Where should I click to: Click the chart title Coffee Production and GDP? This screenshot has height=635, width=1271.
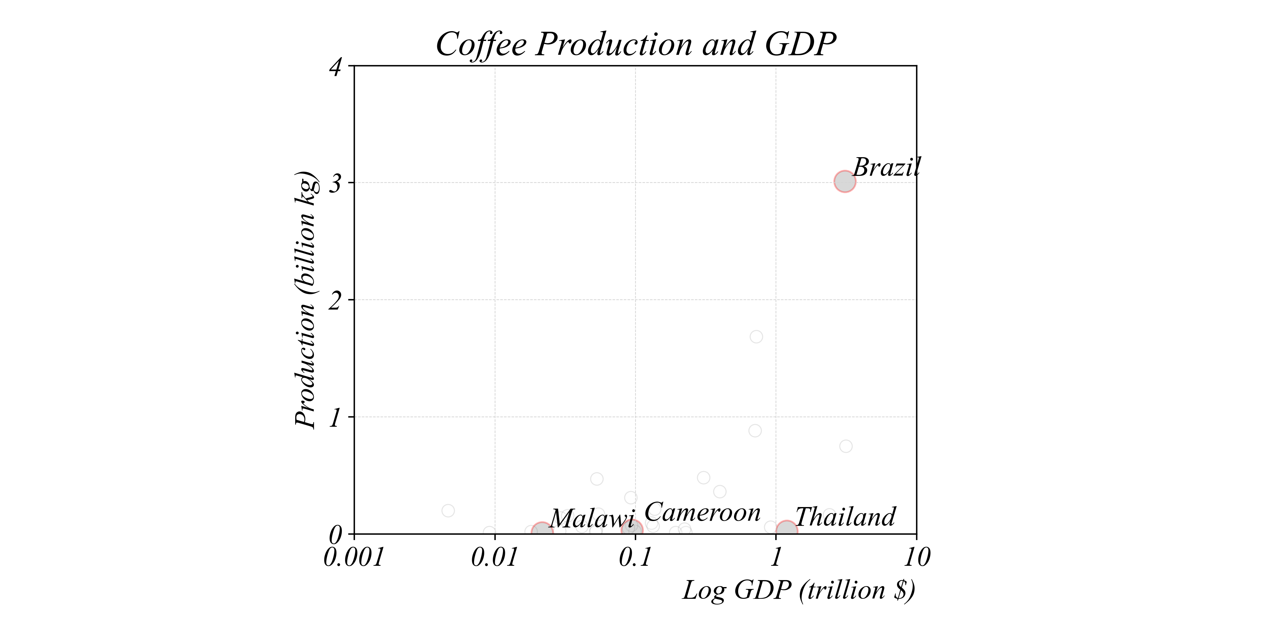(x=635, y=44)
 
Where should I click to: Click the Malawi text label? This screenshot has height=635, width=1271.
(x=592, y=519)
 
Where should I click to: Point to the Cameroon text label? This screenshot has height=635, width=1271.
(x=703, y=513)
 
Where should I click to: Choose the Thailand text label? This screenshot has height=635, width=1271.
(x=845, y=517)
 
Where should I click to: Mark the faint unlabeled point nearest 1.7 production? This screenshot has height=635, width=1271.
(x=756, y=337)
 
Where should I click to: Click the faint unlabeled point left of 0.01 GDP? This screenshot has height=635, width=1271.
(x=448, y=510)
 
